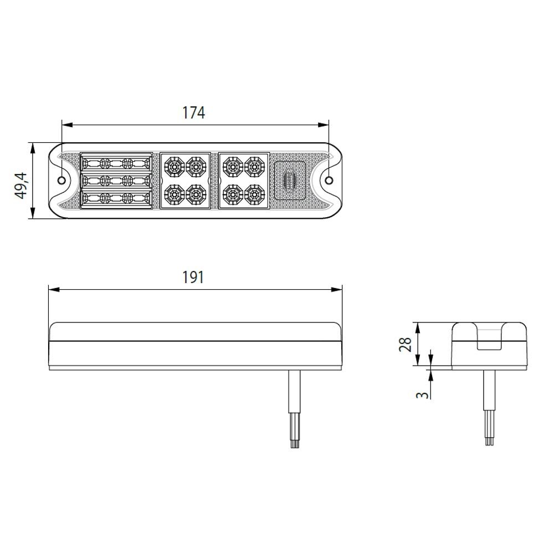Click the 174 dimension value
194,112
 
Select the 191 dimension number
194,277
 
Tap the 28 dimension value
406,344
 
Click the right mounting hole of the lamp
329,181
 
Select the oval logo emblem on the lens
290,179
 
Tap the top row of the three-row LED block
116,163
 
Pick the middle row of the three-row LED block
116,181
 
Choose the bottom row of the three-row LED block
116,198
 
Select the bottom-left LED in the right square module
231,194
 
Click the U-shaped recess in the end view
489,338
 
